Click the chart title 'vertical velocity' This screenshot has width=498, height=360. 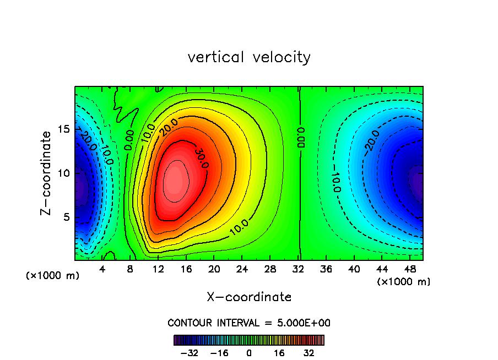pos(249,57)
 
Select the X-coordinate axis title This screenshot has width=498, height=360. pos(249,297)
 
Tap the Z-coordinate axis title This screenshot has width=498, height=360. pos(48,173)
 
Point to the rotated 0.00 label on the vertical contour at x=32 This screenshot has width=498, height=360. pos(301,137)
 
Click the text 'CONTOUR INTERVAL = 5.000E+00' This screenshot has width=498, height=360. pos(249,323)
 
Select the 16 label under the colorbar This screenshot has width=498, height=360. pos(279,353)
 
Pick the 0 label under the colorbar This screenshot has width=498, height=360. pos(249,353)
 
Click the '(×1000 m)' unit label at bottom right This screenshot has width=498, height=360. pos(404,282)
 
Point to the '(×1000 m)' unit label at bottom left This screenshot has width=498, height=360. pos(53,275)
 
